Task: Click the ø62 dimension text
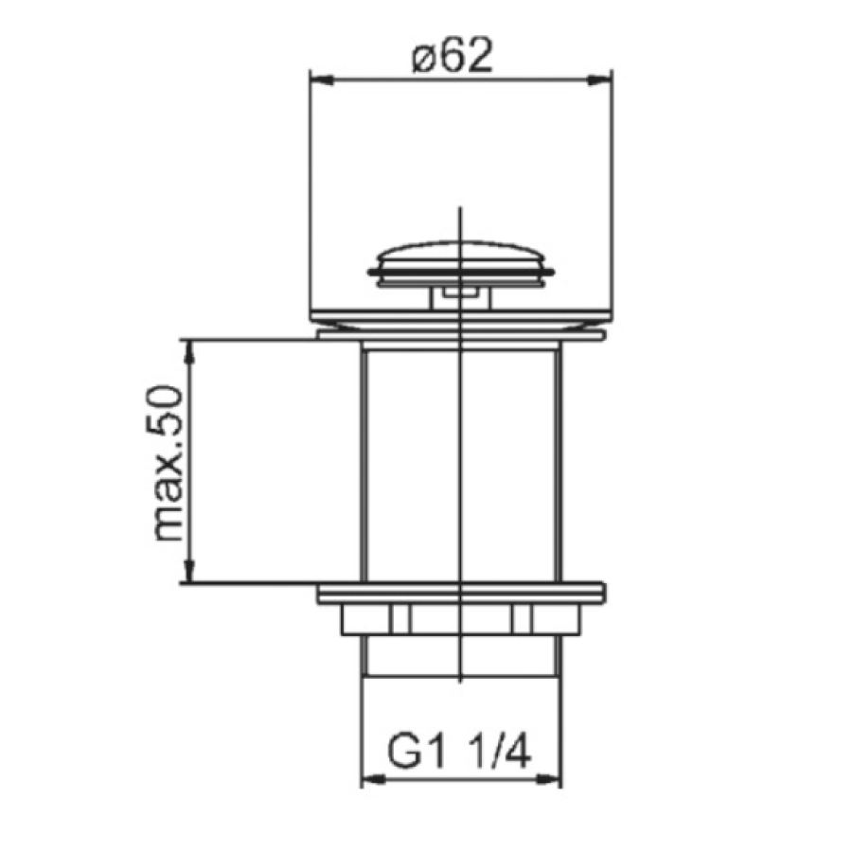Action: [x=453, y=55]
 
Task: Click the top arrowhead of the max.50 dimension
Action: [x=189, y=351]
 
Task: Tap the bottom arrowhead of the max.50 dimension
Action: [x=189, y=572]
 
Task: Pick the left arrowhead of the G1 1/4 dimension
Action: [x=373, y=780]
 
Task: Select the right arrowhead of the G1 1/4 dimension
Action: [x=549, y=780]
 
